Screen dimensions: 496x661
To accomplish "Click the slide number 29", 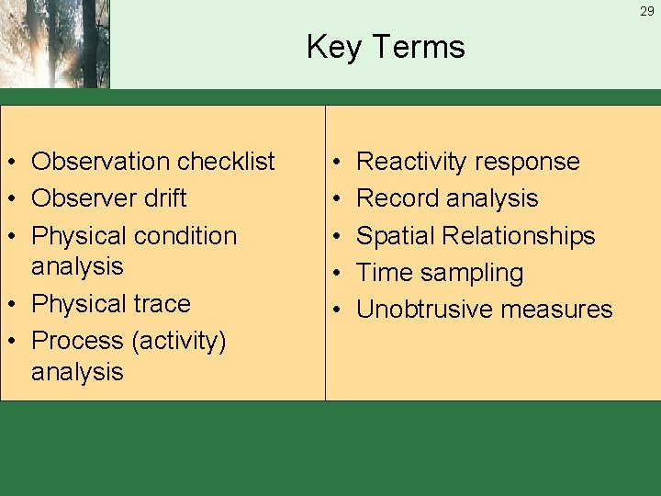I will click(x=647, y=11).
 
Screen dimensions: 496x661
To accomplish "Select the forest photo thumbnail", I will click(x=54, y=44).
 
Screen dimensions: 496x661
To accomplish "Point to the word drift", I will click(x=164, y=198).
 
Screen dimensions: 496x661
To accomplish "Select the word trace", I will click(x=162, y=304).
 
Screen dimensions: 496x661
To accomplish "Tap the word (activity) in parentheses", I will click(x=178, y=342).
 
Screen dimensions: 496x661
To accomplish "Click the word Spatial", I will click(x=396, y=236).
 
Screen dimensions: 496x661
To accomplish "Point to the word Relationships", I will click(x=520, y=236).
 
